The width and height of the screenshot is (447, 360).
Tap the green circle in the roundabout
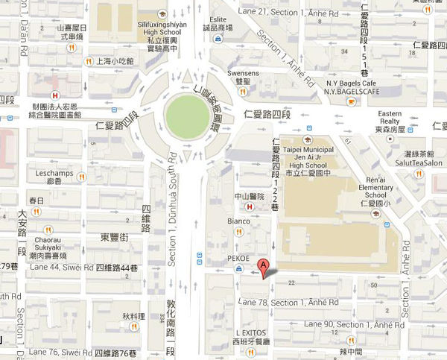(186, 116)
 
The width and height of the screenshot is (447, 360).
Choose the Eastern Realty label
(390, 117)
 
